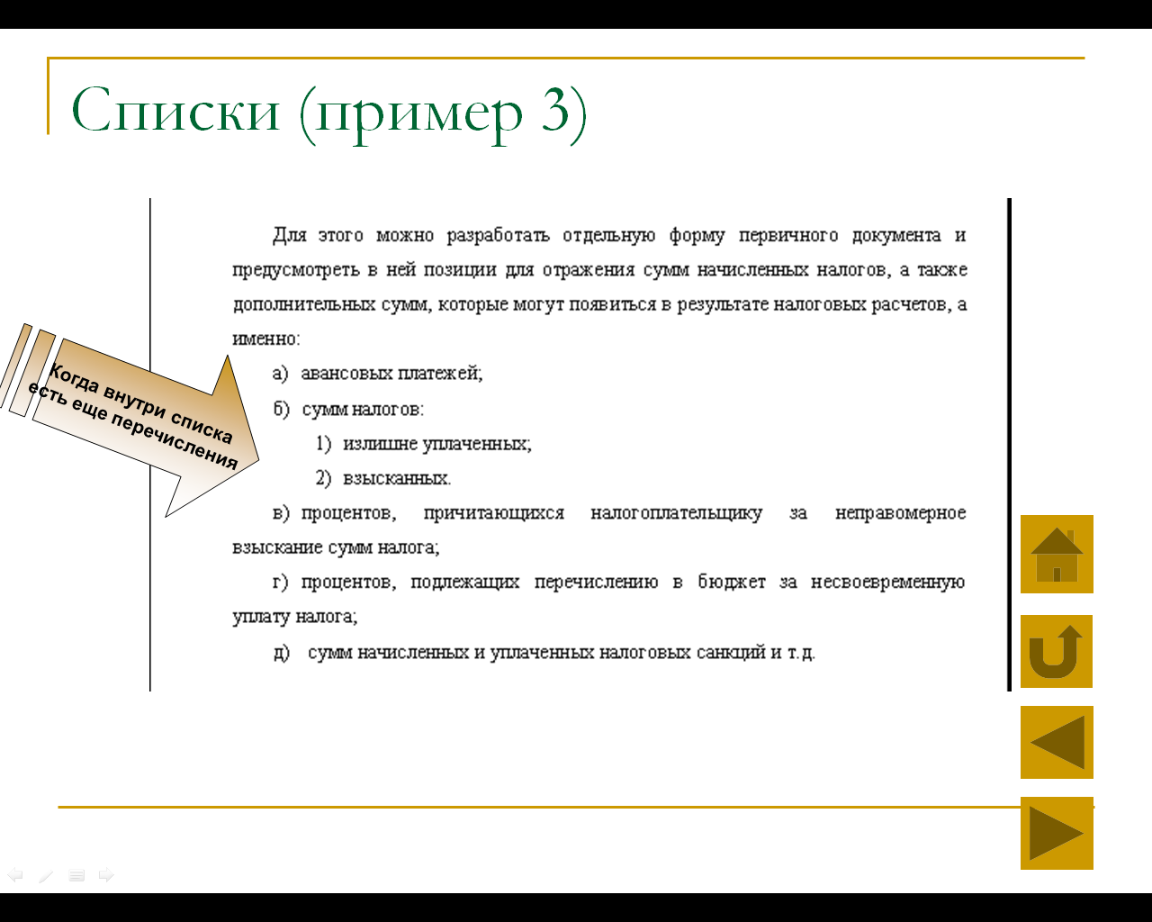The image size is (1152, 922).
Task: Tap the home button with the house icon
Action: pyautogui.click(x=1057, y=554)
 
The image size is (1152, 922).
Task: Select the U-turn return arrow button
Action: pyautogui.click(x=1057, y=651)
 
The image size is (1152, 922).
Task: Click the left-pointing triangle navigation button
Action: pyautogui.click(x=1057, y=742)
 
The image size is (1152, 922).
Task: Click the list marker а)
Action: pyautogui.click(x=280, y=373)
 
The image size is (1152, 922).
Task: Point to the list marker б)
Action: pyautogui.click(x=281, y=409)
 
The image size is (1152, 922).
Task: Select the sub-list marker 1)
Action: pyautogui.click(x=323, y=444)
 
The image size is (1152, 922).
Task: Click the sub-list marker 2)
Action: pyautogui.click(x=323, y=478)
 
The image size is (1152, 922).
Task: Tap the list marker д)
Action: pyautogui.click(x=282, y=653)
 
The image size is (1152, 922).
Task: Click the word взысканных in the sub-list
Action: pyautogui.click(x=397, y=478)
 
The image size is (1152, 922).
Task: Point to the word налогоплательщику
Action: pyautogui.click(x=676, y=513)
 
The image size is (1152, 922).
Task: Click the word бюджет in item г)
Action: pyautogui.click(x=731, y=582)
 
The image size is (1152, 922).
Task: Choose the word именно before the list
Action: pyautogui.click(x=266, y=339)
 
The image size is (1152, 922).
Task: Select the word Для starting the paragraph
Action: pyautogui.click(x=290, y=235)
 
